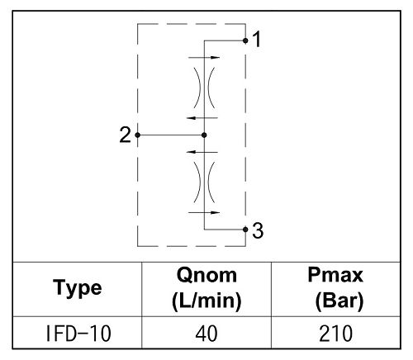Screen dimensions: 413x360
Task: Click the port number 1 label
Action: pyautogui.click(x=257, y=40)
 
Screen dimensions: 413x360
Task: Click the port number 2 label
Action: pyautogui.click(x=126, y=135)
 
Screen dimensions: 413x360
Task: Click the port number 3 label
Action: pyautogui.click(x=258, y=230)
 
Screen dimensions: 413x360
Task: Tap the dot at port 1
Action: pyautogui.click(x=245, y=40)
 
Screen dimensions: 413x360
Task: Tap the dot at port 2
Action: pyautogui.click(x=138, y=135)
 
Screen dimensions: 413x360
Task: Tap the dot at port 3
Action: pyautogui.click(x=245, y=230)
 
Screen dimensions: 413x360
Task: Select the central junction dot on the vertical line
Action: pyautogui.click(x=204, y=135)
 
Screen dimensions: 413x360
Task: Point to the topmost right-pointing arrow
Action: pyautogui.click(x=204, y=58)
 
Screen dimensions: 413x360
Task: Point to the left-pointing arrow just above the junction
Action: pyautogui.click(x=202, y=118)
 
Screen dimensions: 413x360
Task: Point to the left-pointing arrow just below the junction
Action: pyautogui.click(x=202, y=152)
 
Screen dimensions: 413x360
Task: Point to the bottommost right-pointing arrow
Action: pyautogui.click(x=204, y=212)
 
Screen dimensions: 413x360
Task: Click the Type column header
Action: pyautogui.click(x=78, y=288)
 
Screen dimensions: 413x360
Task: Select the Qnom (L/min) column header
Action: pyautogui.click(x=206, y=288)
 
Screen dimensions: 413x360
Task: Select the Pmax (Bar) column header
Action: pyautogui.click(x=335, y=288)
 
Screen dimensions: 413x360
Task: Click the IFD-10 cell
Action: pyautogui.click(x=78, y=334)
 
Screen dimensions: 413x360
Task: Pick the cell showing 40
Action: pyautogui.click(x=206, y=334)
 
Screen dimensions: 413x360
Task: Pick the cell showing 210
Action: pyautogui.click(x=335, y=334)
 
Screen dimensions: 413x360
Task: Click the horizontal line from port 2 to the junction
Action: pyautogui.click(x=171, y=135)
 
